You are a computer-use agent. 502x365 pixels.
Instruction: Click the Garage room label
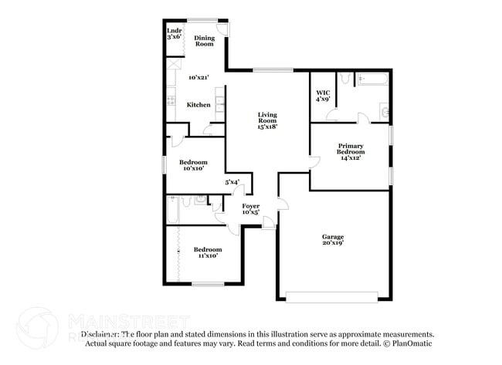pos(334,236)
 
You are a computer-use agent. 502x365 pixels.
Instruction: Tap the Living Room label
pos(267,117)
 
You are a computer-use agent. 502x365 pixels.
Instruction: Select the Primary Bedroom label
pos(350,148)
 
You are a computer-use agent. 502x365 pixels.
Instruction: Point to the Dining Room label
pos(204,41)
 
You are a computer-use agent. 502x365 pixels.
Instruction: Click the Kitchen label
pos(198,105)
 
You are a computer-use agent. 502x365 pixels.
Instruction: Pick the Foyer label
pos(251,206)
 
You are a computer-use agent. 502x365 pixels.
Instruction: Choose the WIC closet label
pos(323,92)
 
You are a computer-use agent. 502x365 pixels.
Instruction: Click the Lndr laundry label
pos(175,31)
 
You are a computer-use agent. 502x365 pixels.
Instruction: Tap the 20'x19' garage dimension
pos(334,243)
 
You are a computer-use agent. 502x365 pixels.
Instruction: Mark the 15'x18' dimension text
pos(267,127)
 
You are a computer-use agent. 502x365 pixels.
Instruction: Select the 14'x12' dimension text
pos(350,157)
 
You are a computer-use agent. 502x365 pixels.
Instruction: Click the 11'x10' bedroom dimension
pos(206,256)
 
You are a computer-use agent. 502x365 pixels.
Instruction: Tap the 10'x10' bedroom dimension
pos(193,169)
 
